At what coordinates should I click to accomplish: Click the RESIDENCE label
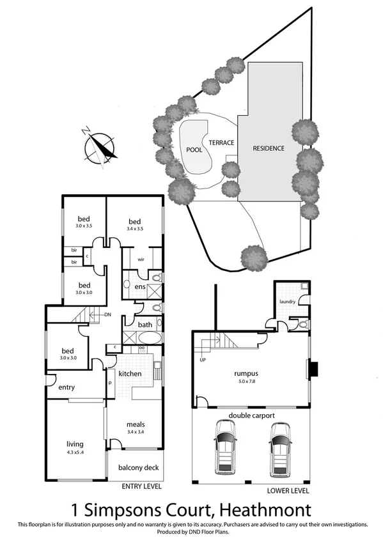269,148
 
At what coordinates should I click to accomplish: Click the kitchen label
130,373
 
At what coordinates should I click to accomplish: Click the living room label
75,444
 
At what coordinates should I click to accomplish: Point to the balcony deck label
139,467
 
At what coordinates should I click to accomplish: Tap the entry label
67,387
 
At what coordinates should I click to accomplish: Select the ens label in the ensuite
140,287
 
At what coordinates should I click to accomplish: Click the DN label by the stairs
108,314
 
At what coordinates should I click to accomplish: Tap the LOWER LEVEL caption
288,491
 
